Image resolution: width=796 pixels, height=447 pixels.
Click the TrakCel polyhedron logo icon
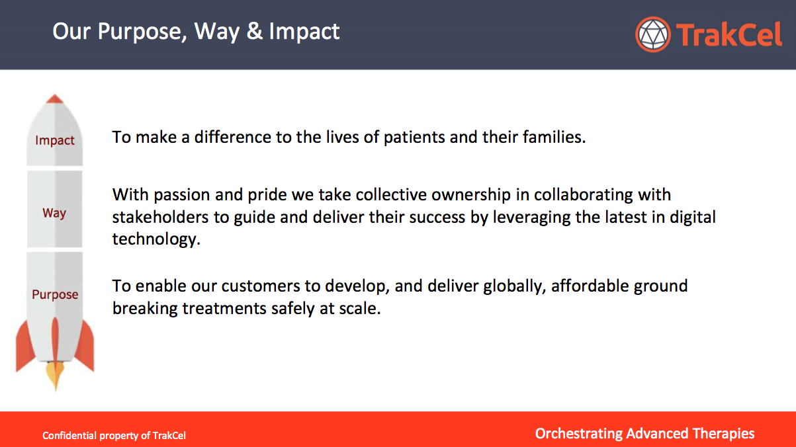pyautogui.click(x=653, y=34)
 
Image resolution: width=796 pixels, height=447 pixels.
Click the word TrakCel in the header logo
pyautogui.click(x=729, y=34)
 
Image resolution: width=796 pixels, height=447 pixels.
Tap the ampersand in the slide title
pyautogui.click(x=255, y=31)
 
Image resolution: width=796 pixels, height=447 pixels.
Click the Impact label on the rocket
pyautogui.click(x=55, y=141)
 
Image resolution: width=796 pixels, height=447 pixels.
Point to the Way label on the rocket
pyautogui.click(x=54, y=214)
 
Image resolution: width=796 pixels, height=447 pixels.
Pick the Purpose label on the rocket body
pyautogui.click(x=55, y=295)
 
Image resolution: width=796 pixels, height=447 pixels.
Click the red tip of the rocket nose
pyautogui.click(x=55, y=99)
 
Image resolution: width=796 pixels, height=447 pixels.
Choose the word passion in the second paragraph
pyautogui.click(x=181, y=195)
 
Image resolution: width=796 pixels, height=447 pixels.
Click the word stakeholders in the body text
pyautogui.click(x=160, y=217)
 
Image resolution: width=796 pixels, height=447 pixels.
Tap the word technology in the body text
pyautogui.click(x=156, y=239)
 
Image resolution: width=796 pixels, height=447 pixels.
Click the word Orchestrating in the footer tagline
pyautogui.click(x=579, y=434)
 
